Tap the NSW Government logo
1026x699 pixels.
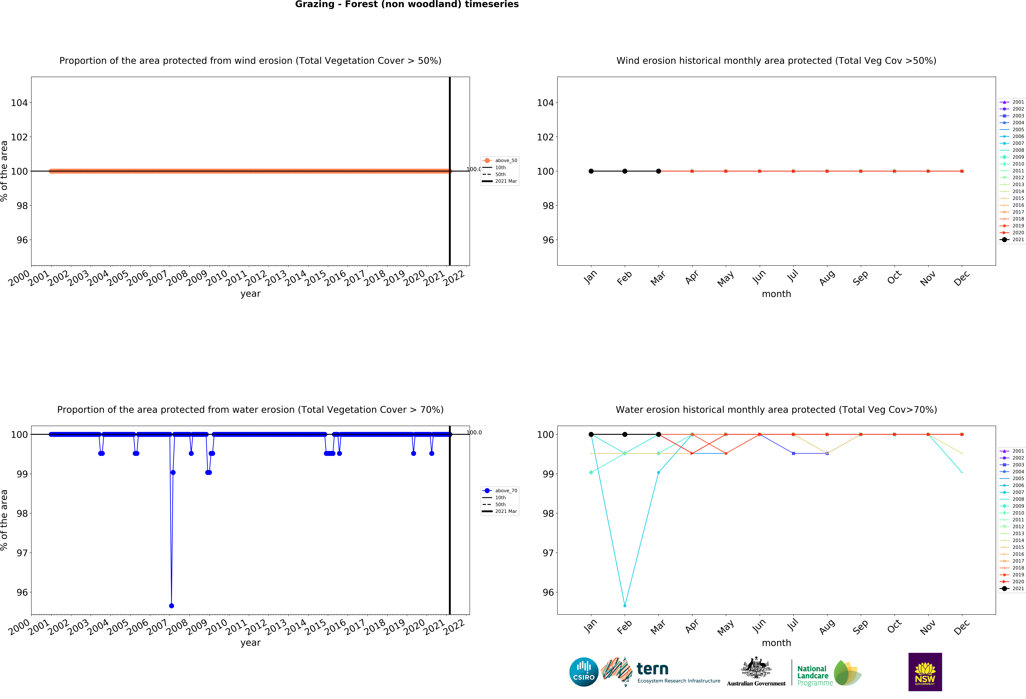pyautogui.click(x=925, y=672)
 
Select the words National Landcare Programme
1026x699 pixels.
pyautogui.click(x=815, y=676)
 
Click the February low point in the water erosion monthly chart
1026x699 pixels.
pyautogui.click(x=625, y=605)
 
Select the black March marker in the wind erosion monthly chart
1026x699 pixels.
pyautogui.click(x=658, y=171)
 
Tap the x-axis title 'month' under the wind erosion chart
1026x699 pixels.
pyautogui.click(x=776, y=294)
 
